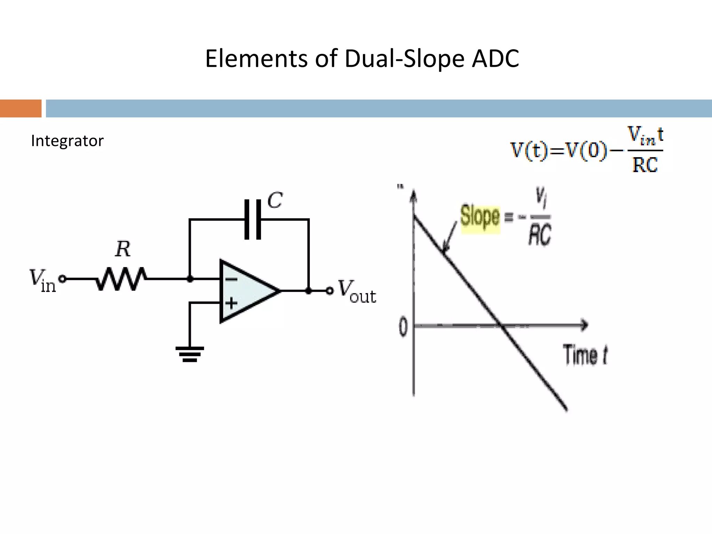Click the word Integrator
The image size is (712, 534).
pyautogui.click(x=67, y=141)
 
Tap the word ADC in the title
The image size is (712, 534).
pyautogui.click(x=495, y=58)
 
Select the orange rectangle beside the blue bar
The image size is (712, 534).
pyautogui.click(x=21, y=108)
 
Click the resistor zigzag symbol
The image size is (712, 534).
pyautogui.click(x=121, y=278)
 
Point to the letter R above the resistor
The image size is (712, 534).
pyautogui.click(x=123, y=249)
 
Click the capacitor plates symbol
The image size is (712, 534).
pyautogui.click(x=253, y=219)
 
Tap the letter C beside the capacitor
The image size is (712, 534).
pyautogui.click(x=275, y=200)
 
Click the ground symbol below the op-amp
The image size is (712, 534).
pyautogui.click(x=189, y=354)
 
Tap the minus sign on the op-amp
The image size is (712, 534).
pyautogui.click(x=231, y=279)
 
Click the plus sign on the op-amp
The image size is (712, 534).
pyautogui.click(x=231, y=303)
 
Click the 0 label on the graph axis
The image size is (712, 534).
pyautogui.click(x=403, y=327)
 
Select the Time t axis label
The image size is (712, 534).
pyautogui.click(x=585, y=355)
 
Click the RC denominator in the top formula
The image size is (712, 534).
pyautogui.click(x=645, y=165)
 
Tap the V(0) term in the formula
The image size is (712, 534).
pyautogui.click(x=586, y=151)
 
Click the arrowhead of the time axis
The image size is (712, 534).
pyautogui.click(x=585, y=325)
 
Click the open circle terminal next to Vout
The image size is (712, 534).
pyautogui.click(x=330, y=291)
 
